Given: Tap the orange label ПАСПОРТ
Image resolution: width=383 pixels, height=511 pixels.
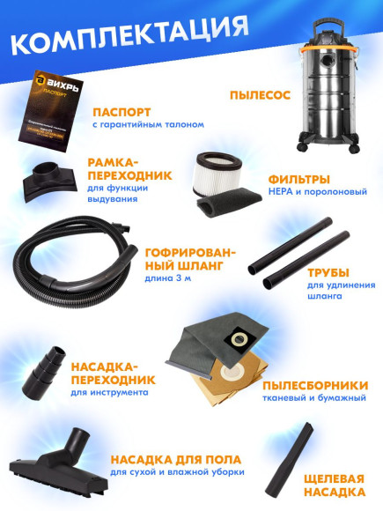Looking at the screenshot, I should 122,113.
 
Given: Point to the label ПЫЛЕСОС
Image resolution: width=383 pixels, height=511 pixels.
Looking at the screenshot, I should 259,93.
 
